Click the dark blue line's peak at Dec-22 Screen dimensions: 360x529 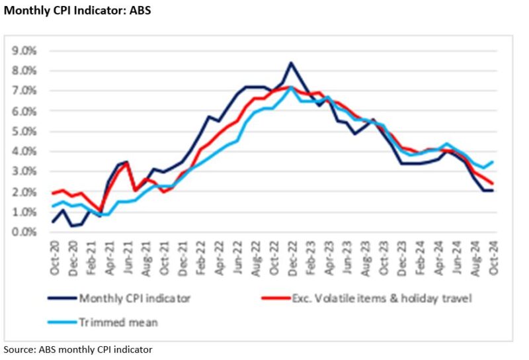point(291,63)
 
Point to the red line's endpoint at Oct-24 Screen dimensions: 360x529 point(493,184)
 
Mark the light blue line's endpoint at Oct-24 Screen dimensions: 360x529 point(493,161)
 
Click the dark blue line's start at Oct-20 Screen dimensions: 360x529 point(54,222)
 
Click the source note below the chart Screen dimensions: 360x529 point(78,349)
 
